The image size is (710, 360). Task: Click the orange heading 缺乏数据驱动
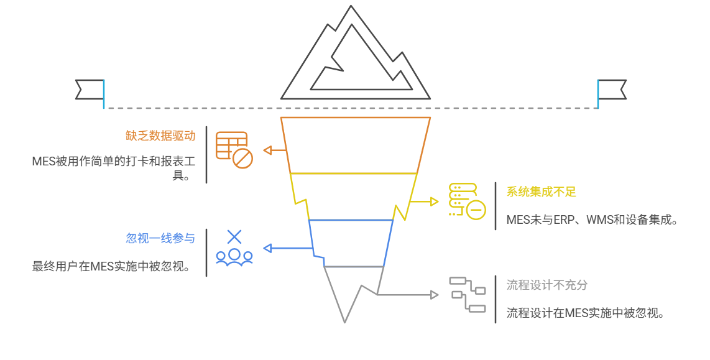160,136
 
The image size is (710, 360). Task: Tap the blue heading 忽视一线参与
160,238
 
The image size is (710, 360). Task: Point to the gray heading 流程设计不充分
547,285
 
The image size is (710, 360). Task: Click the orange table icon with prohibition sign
234,150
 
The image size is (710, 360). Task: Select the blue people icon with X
234,249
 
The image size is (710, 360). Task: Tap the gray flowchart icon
468,294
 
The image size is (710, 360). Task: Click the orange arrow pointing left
274,150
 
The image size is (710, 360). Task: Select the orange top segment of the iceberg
355,144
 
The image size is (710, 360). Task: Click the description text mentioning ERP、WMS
591,219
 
